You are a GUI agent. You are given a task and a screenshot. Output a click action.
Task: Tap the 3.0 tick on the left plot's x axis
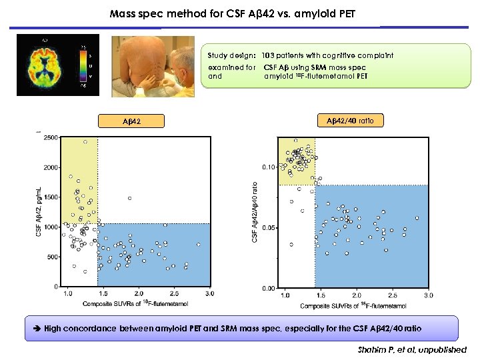point(210,293)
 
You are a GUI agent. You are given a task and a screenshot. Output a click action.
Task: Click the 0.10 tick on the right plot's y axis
point(267,167)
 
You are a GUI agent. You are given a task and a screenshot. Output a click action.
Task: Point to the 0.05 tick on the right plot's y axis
point(267,227)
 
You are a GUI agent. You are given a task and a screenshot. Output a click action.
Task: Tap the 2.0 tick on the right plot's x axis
point(357,295)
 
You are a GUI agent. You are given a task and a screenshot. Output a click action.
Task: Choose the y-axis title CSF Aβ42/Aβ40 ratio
point(255,212)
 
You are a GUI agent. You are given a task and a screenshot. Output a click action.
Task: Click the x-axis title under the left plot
point(135,304)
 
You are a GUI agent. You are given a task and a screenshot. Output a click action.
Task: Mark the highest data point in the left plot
point(85,142)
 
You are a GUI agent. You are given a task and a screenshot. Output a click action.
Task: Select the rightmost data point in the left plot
point(198,245)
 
